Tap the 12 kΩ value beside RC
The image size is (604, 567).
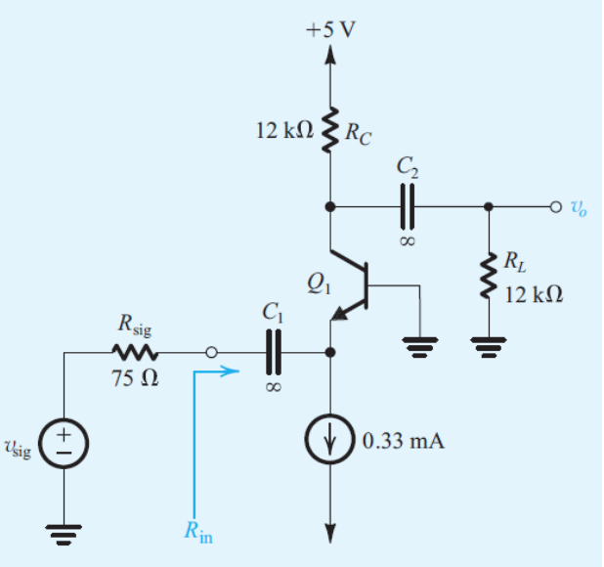click(x=283, y=130)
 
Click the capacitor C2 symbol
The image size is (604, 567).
click(x=409, y=206)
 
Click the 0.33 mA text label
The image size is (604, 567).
click(x=403, y=442)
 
